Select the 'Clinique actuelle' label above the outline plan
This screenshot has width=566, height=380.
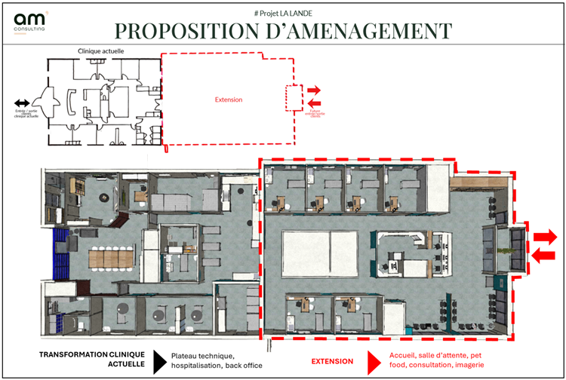pyautogui.click(x=101, y=51)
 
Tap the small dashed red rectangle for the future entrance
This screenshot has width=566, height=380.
pyautogui.click(x=294, y=97)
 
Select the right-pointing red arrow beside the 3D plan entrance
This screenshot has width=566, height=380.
pyautogui.click(x=545, y=237)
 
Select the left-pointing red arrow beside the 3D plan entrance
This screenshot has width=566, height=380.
pyautogui.click(x=544, y=256)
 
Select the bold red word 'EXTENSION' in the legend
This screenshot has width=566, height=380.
pyautogui.click(x=333, y=360)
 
